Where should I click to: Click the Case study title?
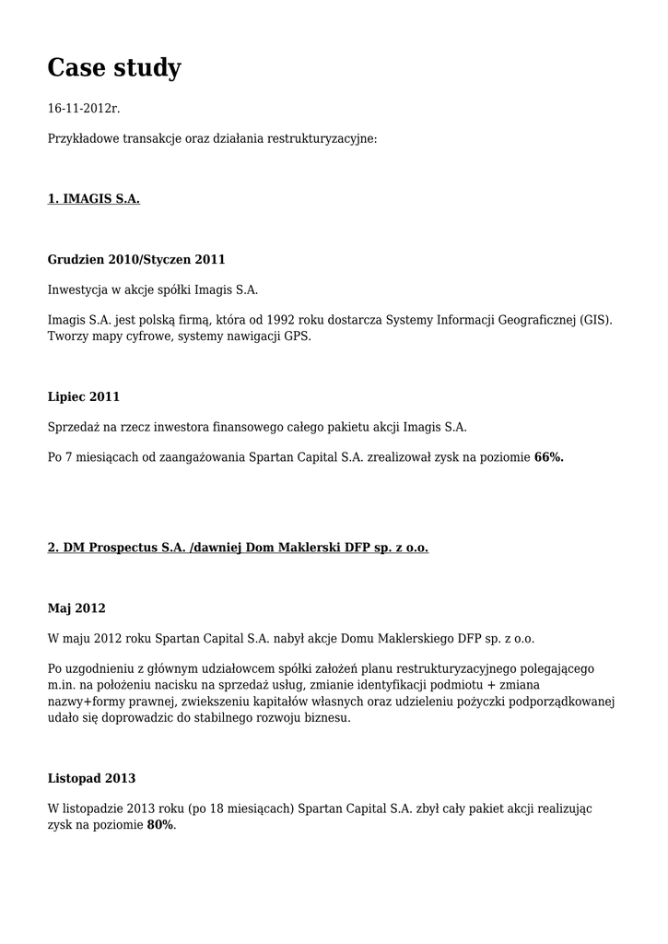114,67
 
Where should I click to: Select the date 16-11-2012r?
84,109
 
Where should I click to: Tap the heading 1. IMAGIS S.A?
93,198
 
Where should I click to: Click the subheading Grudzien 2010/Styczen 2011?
136,259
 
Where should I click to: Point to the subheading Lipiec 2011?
84,396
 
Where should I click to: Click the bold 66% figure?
548,456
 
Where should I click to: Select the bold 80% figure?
160,825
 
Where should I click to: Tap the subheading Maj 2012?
76,608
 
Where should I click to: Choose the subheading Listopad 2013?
91,778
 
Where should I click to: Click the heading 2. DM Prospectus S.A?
238,548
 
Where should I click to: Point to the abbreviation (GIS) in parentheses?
595,320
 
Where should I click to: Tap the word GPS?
297,336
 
